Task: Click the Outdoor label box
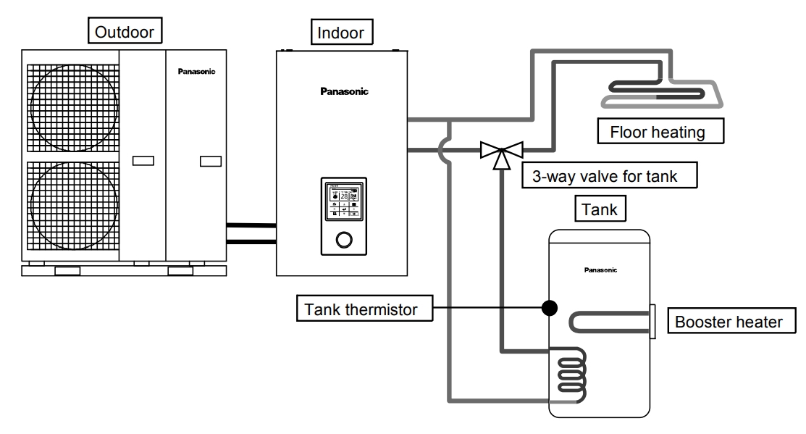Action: pos(124,32)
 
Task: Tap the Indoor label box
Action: pos(340,32)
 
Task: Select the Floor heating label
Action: pos(657,133)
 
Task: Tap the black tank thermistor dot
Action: pos(550,308)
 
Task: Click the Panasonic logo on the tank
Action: pos(600,270)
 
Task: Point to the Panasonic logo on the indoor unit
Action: pos(344,91)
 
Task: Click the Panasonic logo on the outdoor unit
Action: pos(196,72)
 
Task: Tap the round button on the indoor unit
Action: pos(345,241)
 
